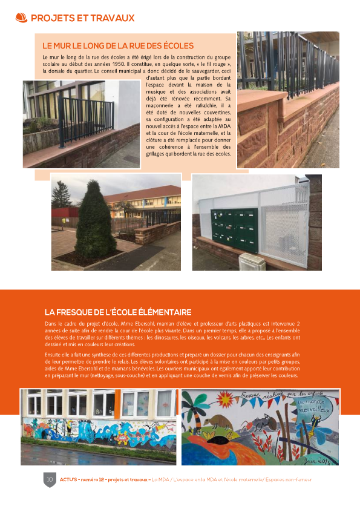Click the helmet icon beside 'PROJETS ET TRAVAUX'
[x=21, y=18]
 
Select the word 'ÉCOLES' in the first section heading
[x=173, y=45]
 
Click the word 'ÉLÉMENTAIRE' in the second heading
[x=162, y=312]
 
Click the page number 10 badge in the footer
[x=50, y=480]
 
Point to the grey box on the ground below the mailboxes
[x=252, y=262]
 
